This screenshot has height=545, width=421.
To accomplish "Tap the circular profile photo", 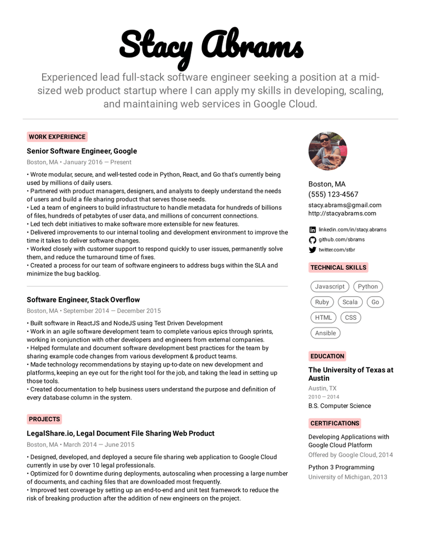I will (327, 151).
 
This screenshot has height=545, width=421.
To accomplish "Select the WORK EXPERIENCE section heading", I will (57, 137).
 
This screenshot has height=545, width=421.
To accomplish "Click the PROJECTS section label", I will (44, 419).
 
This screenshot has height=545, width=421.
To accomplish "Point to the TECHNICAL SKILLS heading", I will (338, 267).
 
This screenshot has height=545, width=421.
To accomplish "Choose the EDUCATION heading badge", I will (327, 356).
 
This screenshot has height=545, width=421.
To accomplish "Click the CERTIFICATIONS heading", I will (335, 423).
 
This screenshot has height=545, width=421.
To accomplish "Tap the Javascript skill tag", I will (329, 286).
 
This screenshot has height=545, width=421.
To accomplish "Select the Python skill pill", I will (368, 286).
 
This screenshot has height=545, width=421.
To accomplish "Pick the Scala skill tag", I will (350, 302).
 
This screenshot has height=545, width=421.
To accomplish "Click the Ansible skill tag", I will (325, 333).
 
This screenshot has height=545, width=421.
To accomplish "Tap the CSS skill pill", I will (350, 318).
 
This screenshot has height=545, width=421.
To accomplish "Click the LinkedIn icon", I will (313, 230).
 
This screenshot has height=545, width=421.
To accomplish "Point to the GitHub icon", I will (313, 240).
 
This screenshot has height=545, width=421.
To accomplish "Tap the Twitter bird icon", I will (313, 250).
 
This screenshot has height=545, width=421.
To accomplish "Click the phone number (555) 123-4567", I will (333, 194).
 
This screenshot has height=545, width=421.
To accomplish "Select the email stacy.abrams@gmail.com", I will (345, 205).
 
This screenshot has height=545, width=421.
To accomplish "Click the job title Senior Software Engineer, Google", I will (82, 151).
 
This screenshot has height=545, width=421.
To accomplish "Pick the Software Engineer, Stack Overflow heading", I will (83, 300).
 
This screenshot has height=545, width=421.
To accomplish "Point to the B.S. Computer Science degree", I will (339, 406).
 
